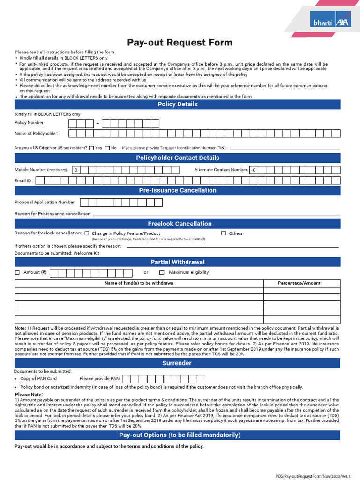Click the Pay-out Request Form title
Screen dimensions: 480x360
coord(180,43)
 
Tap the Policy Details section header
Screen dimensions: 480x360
coord(177,104)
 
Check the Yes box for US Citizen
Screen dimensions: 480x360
coord(91,148)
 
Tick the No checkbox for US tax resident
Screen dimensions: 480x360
coord(107,148)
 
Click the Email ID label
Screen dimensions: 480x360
coord(24,180)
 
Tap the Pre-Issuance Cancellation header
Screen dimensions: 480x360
coord(177,190)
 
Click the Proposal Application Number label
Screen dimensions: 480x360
coord(45,202)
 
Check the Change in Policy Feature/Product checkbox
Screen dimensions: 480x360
coord(87,233)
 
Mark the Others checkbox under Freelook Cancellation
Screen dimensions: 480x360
coord(224,233)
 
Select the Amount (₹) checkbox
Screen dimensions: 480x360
coord(17,272)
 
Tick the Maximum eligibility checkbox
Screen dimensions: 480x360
coord(162,272)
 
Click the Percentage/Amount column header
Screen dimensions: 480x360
coord(299,283)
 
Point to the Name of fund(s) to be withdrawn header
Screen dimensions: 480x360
coord(139,283)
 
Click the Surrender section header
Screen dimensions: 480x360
coord(177,363)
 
